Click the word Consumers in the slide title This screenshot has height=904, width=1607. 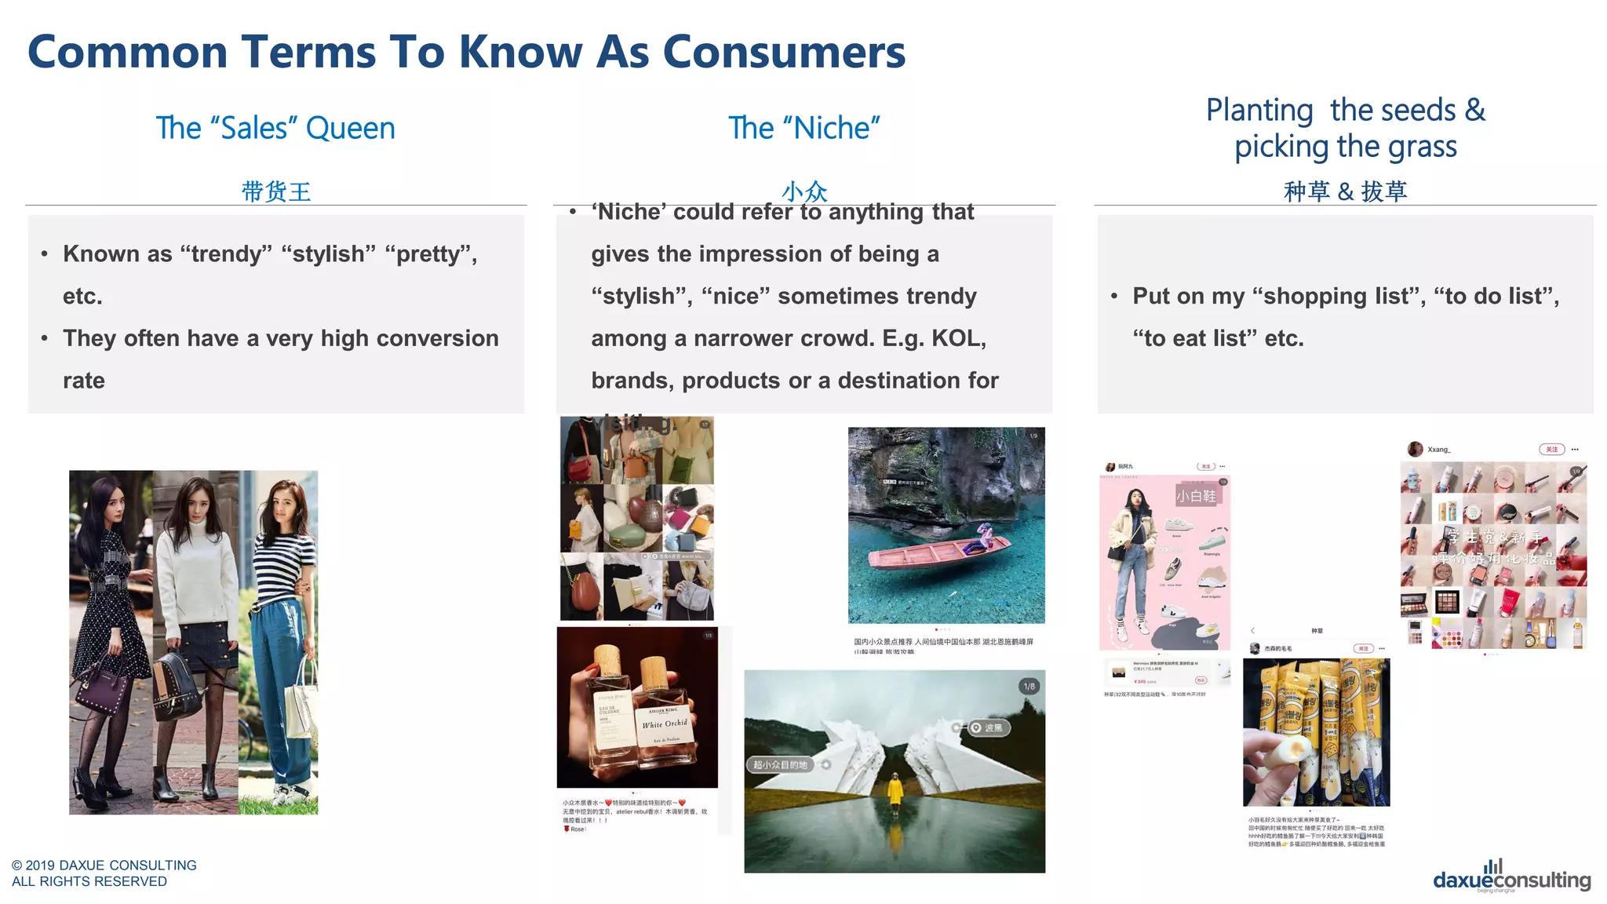784,53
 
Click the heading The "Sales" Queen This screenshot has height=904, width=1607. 275,128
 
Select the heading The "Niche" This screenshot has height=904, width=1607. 803,128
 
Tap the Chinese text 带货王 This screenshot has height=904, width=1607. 275,191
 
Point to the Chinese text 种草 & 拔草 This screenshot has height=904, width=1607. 1345,191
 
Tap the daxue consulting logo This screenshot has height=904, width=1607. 1511,878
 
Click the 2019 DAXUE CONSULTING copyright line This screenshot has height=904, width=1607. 104,865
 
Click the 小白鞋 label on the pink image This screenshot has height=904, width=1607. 1196,496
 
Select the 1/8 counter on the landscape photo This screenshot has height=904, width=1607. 1029,687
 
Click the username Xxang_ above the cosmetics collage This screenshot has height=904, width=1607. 1439,450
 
